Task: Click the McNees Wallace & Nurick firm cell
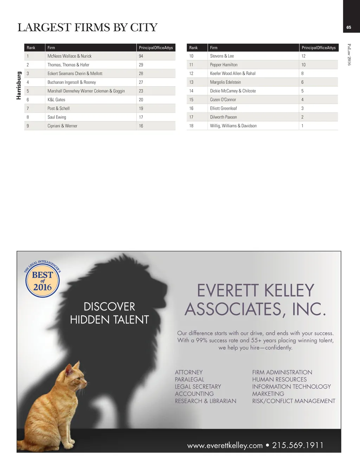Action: point(70,56)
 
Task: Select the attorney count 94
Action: point(141,56)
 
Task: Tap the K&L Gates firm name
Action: point(56,100)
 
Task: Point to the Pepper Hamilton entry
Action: point(224,65)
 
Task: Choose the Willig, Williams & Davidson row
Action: point(233,126)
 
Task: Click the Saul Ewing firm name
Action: point(57,117)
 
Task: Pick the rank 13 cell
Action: point(191,82)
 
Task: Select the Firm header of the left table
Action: point(51,48)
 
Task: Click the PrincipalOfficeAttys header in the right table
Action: point(319,48)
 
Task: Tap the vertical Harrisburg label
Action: point(19,85)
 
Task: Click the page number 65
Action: point(349,27)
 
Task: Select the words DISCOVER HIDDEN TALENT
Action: point(109,313)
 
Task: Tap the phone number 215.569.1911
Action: point(298,445)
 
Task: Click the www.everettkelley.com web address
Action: point(225,445)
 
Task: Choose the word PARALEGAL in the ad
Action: point(189,379)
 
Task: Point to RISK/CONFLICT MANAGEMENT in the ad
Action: point(294,401)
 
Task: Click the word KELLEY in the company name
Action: point(289,291)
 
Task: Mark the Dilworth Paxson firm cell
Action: point(223,117)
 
